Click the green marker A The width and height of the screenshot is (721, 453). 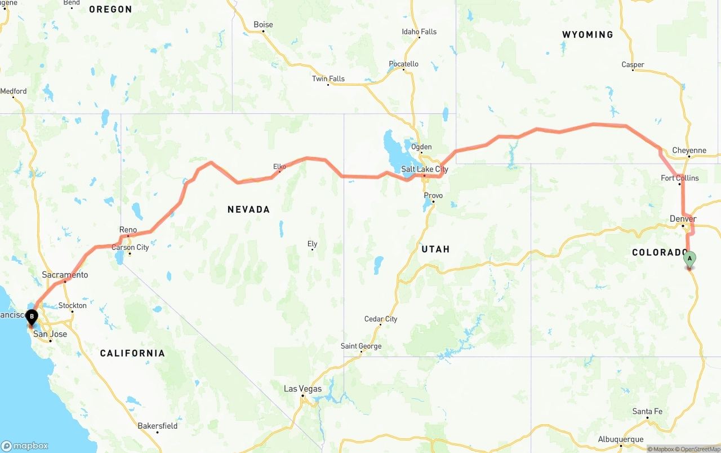(x=689, y=260)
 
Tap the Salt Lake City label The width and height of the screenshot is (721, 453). (x=425, y=169)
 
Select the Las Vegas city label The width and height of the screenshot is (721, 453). (x=302, y=389)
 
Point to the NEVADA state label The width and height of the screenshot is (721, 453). (x=248, y=209)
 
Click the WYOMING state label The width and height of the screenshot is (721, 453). (x=588, y=35)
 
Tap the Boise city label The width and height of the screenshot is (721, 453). (x=263, y=25)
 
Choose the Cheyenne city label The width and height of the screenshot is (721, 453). (x=689, y=151)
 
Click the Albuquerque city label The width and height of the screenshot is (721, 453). (x=621, y=439)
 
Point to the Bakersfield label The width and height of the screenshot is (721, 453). (x=157, y=426)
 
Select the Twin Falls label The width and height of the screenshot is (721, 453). (x=328, y=79)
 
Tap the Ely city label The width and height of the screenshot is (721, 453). (x=313, y=244)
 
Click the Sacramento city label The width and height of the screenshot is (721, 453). (x=65, y=275)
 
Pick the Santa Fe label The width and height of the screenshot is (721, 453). (x=647, y=412)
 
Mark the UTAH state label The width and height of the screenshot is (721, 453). (x=435, y=249)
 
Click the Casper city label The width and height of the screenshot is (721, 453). (x=633, y=65)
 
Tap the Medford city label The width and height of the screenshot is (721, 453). (x=14, y=91)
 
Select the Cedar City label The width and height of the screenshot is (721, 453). (x=381, y=319)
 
